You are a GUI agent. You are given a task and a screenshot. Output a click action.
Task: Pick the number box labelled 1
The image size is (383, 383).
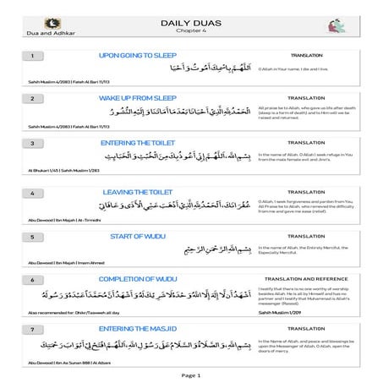coord(31,56)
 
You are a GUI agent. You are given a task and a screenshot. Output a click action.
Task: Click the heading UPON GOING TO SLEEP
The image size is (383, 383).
coord(138,55)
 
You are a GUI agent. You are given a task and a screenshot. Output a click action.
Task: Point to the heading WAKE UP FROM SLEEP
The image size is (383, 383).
coord(138,99)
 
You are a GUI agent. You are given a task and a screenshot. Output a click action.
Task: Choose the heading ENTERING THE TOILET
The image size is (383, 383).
coord(138,143)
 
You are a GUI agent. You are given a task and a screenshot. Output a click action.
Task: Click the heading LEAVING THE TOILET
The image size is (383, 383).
coord(138,193)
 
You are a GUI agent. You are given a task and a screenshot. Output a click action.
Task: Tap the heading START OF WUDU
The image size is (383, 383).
coord(138,238)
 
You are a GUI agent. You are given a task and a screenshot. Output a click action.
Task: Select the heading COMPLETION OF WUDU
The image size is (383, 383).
coord(138,278)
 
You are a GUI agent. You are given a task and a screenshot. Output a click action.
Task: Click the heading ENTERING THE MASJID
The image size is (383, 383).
coord(138,327)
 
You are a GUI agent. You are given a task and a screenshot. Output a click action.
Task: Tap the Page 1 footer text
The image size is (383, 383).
coord(191,373)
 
